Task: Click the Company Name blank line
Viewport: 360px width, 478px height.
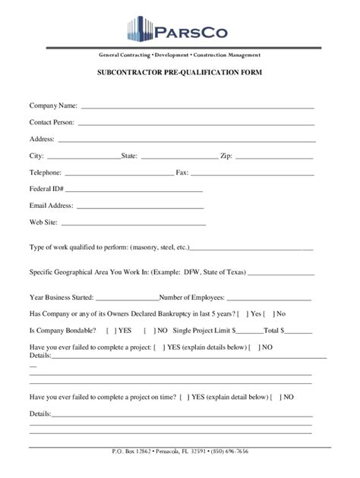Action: click(197, 106)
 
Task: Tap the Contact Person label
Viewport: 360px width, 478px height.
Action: click(52, 121)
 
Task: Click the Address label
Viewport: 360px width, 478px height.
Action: click(42, 139)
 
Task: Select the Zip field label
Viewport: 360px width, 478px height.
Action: click(226, 156)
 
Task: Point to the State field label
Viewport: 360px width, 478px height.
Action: click(129, 156)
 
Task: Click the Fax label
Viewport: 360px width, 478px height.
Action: click(182, 172)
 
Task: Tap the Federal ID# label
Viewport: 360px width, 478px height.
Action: click(46, 189)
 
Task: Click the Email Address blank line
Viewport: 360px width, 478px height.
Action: click(140, 206)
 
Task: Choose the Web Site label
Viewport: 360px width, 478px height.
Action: click(44, 223)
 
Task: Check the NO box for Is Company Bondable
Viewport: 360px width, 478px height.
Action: click(155, 330)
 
